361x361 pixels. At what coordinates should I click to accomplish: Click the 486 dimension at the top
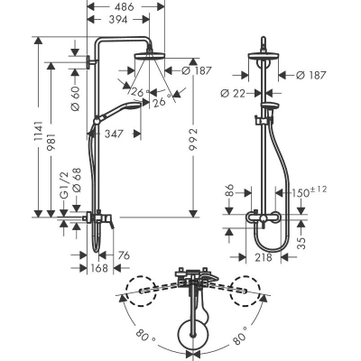(x=125, y=6)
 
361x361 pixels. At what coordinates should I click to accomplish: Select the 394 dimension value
(x=117, y=20)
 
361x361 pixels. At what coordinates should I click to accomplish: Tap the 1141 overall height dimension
(x=39, y=132)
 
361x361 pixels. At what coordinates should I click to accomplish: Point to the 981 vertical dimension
(x=51, y=143)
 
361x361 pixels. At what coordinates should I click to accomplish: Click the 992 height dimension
(x=194, y=141)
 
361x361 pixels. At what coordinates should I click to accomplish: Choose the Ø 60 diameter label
(x=75, y=98)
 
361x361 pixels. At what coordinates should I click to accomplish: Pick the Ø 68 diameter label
(x=77, y=180)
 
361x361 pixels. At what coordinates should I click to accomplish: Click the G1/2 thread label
(x=64, y=184)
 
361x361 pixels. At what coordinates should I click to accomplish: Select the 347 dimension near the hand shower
(x=114, y=134)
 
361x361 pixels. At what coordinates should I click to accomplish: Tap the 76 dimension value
(x=123, y=255)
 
